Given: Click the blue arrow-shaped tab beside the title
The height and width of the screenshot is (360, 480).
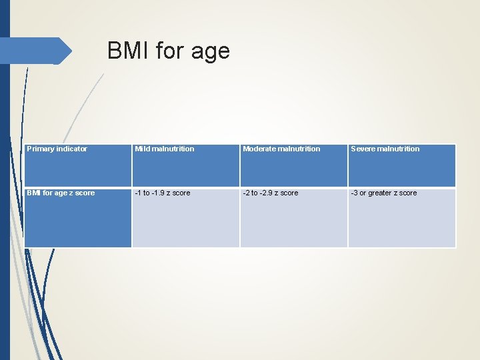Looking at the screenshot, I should tap(37, 51).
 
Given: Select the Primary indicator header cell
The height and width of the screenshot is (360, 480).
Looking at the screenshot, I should tap(78, 165).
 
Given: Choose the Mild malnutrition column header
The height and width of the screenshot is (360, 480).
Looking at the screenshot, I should tap(185, 165).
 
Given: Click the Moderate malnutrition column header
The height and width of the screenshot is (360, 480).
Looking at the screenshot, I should tap(293, 165).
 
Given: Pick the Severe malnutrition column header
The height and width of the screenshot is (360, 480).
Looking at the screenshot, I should tap(401, 165).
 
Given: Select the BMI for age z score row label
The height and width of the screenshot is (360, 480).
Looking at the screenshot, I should tap(78, 217).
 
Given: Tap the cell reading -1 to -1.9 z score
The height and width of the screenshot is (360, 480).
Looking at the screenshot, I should tap(185, 217).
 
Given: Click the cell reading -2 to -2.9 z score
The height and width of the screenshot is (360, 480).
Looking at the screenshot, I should tap(293, 217).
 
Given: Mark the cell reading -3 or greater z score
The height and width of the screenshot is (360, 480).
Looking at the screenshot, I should tap(401, 217).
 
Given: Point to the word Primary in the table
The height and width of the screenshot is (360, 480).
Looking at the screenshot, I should tap(41, 149).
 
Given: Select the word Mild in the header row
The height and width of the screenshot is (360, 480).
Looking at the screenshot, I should tap(142, 149).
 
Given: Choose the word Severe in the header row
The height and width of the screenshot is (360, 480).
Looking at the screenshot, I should tap(363, 149).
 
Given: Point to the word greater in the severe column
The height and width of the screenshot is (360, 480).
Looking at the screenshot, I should tap(379, 193).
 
